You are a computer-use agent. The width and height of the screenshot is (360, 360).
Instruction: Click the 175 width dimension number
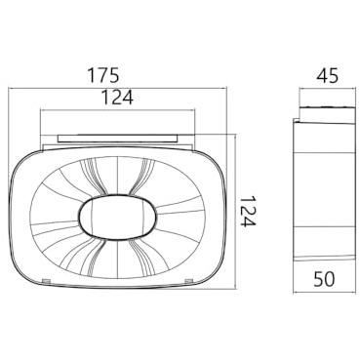[x=103, y=75]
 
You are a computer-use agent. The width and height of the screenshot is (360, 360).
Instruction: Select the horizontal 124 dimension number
[x=117, y=98]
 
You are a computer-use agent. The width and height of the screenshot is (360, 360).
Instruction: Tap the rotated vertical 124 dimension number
[x=249, y=211]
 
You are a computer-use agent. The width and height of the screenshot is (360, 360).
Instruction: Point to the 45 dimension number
[x=327, y=75]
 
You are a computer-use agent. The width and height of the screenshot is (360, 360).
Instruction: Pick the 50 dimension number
[x=324, y=279]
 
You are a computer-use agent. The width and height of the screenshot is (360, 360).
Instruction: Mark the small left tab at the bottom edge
[x=46, y=280]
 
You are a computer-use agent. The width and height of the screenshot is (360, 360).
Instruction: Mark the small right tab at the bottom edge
[x=188, y=280]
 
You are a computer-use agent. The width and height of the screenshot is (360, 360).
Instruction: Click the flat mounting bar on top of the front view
[x=118, y=139]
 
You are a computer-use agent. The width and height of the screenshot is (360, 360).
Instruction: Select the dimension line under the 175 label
[x=117, y=88]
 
